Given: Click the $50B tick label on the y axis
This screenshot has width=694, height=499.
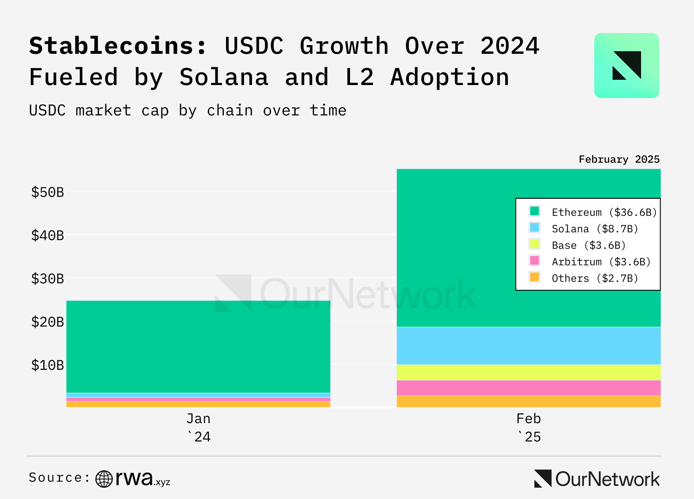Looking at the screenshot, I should point(47,192).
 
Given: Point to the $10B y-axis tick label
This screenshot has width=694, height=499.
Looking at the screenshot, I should point(47,365).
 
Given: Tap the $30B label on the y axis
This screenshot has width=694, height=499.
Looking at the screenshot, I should point(47,278).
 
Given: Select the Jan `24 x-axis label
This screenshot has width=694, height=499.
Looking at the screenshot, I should point(198,427).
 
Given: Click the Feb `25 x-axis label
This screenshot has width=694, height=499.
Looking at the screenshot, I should point(529,427).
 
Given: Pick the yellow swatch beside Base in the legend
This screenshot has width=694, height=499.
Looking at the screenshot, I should point(534,244).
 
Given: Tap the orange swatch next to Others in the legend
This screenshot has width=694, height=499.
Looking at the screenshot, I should point(534,277).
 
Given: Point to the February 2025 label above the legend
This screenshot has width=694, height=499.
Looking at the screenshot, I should point(619,159).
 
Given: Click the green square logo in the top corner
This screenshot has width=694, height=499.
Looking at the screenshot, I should point(626,66).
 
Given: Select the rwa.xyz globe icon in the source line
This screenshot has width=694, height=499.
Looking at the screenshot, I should point(104,479).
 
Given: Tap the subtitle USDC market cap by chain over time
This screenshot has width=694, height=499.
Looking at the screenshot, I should point(188,111).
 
